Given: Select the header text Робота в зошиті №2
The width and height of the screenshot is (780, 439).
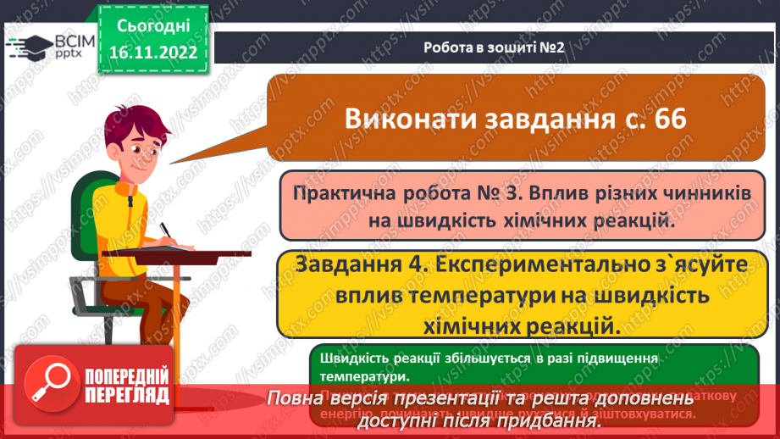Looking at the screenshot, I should [494, 47].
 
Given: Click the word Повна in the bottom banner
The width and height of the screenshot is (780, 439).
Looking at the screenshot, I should [294, 399].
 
